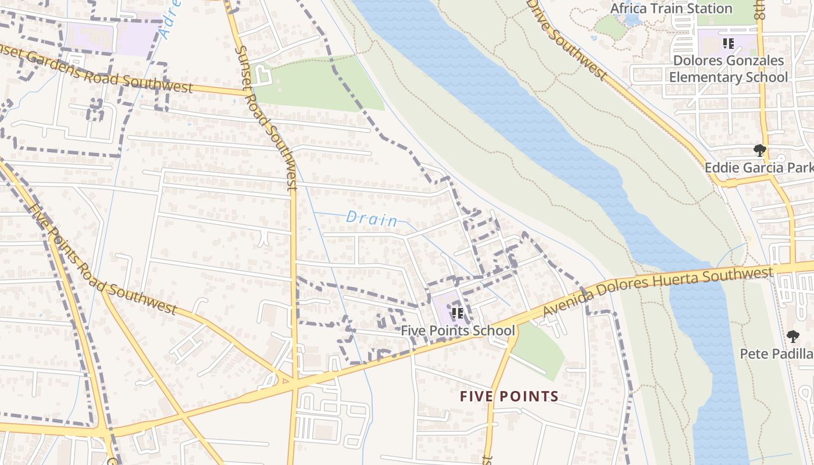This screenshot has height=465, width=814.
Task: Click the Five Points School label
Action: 458,331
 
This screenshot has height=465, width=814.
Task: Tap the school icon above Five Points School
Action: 458,313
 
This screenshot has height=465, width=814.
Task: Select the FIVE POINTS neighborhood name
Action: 509,397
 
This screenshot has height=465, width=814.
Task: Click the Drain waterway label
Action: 372,219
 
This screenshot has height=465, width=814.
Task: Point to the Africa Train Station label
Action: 671,9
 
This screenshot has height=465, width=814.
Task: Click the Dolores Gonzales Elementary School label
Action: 728,69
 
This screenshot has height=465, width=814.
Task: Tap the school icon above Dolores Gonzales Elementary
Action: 729,44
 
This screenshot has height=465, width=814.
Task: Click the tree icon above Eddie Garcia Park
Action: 759,151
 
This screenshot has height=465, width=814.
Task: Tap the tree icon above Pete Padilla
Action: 793,336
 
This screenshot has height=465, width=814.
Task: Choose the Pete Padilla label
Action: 776,353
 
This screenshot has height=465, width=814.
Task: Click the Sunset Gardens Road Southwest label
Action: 96,68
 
